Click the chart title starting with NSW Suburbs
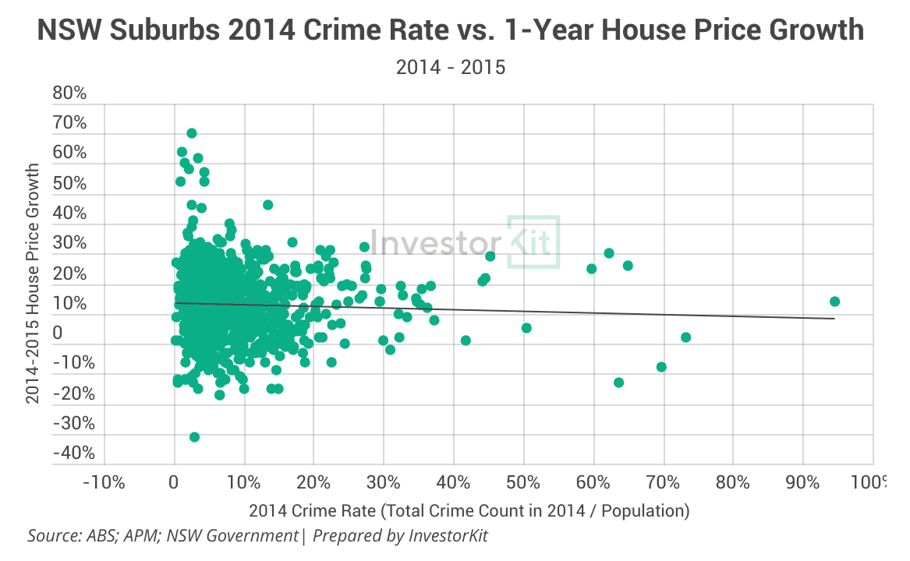[451, 30]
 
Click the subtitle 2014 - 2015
[451, 68]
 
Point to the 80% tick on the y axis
[69, 93]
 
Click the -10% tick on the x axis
[104, 482]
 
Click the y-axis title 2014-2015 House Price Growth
[33, 283]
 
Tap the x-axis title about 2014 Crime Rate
[469, 511]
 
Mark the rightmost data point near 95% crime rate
[834, 302]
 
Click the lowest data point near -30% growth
[194, 437]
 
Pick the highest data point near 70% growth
[192, 133]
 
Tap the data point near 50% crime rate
[526, 328]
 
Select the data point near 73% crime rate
[686, 337]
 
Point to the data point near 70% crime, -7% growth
[661, 367]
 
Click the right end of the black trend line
[834, 318]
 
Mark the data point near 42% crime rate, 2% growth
[466, 340]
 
